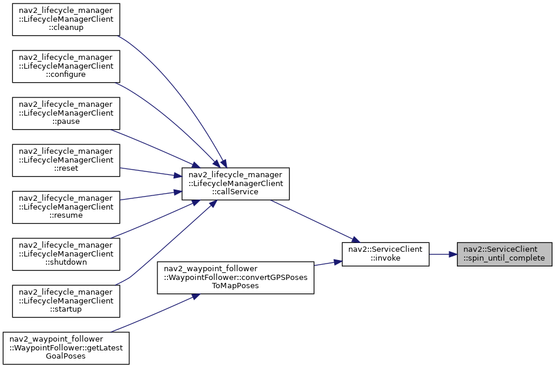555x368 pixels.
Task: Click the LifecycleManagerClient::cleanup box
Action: click(x=66, y=19)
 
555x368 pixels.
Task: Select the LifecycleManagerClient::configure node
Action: click(x=66, y=66)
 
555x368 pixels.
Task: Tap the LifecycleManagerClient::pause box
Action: click(x=66, y=113)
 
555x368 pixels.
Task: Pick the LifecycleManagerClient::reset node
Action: click(x=66, y=160)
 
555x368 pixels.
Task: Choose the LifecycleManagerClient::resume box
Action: click(x=66, y=207)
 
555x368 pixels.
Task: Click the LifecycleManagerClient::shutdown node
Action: click(x=66, y=254)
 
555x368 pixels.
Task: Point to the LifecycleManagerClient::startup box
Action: click(x=66, y=301)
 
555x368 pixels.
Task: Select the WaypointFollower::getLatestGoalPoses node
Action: click(x=66, y=348)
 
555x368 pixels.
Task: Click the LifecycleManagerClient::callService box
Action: click(x=236, y=184)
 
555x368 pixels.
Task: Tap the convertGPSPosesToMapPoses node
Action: click(x=236, y=278)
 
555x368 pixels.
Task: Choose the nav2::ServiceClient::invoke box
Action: click(x=385, y=254)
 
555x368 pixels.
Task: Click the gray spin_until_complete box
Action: click(x=504, y=254)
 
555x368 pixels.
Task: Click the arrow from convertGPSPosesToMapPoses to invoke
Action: click(x=328, y=264)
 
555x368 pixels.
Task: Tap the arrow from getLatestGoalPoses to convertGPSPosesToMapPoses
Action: click(x=153, y=313)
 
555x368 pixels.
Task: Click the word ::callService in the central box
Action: click(x=236, y=192)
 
